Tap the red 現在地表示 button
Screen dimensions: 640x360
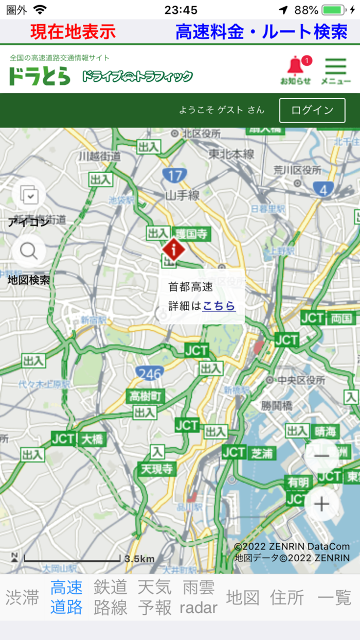73,32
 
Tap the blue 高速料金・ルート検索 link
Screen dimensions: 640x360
261,32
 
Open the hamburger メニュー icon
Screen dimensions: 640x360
335,70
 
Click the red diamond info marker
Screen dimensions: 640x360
174,251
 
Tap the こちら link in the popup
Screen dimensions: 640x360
219,306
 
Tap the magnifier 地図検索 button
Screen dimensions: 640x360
29,252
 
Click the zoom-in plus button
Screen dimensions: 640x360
321,504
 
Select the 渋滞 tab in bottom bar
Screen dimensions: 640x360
23,597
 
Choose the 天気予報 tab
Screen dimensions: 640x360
154,597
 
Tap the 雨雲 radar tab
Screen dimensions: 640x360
199,597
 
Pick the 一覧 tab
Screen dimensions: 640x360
334,597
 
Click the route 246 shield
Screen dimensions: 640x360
150,373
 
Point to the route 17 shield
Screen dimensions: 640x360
174,176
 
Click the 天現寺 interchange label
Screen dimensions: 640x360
158,469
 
